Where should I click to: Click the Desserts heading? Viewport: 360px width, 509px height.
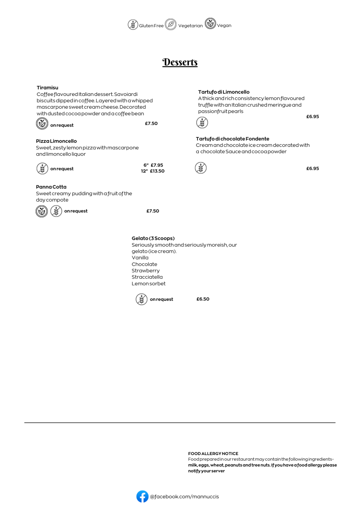click(180, 62)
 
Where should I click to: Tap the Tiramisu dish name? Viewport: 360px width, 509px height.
click(47, 88)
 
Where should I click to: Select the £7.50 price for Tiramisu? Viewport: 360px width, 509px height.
click(151, 123)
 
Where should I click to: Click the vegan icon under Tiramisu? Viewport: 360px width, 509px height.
click(42, 124)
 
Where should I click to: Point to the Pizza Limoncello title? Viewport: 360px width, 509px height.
click(56, 141)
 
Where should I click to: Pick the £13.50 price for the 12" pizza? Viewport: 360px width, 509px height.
click(157, 171)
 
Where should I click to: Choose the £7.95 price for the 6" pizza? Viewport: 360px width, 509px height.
click(157, 165)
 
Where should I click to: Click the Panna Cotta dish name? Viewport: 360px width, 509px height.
click(51, 187)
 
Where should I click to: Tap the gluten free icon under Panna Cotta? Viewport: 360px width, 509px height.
click(56, 211)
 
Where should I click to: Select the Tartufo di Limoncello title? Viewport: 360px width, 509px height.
click(224, 92)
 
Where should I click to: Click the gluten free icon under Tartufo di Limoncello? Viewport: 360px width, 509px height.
click(202, 123)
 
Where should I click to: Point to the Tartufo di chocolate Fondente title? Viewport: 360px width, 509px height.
click(232, 139)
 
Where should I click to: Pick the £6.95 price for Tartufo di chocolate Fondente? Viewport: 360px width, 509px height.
click(312, 168)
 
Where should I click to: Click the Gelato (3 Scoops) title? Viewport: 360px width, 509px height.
click(153, 238)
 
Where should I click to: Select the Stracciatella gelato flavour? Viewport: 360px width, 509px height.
click(147, 277)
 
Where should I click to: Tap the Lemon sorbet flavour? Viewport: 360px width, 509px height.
click(148, 283)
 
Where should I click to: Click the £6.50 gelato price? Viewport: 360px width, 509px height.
click(203, 299)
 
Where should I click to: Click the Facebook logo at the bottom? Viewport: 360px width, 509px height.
click(142, 496)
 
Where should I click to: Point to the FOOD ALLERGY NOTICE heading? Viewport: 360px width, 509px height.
click(213, 453)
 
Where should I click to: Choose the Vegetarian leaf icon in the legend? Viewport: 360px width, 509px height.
click(171, 24)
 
